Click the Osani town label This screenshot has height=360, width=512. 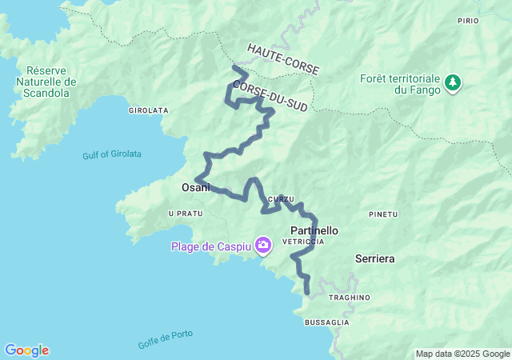coord(195,187)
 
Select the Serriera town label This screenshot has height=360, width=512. coord(374,259)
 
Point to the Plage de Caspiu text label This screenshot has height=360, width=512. coord(210,246)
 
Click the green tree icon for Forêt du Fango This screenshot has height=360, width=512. coord(453,82)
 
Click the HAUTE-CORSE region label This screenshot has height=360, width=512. coord(282,60)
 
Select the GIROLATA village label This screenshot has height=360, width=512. coord(147,110)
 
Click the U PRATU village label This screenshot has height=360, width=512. coord(185,214)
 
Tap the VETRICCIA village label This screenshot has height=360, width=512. coord(306,241)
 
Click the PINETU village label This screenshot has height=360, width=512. coord(383,214)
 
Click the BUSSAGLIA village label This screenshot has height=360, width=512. coord(326,322)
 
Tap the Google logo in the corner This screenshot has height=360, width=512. coord(27,350)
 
